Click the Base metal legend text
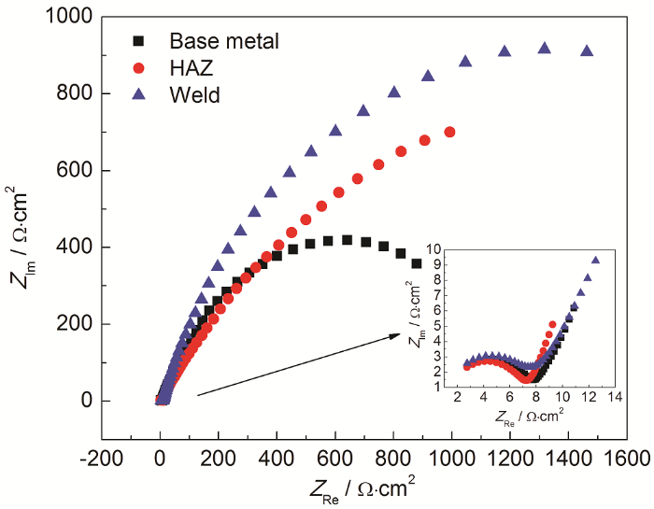224,41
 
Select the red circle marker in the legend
139,67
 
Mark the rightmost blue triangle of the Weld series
587,50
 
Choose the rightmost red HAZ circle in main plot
450,133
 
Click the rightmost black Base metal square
417,264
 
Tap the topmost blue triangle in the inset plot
595,261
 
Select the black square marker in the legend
139,41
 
